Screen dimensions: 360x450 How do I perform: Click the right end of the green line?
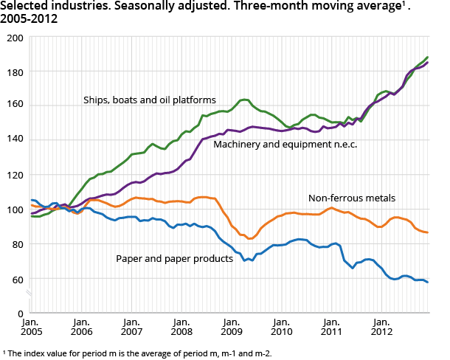(428, 58)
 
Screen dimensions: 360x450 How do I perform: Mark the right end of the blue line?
(428, 283)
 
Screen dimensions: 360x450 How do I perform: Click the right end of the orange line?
(428, 232)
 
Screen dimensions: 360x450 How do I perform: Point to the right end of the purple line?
(428, 63)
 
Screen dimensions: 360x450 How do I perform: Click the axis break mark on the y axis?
(30, 295)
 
